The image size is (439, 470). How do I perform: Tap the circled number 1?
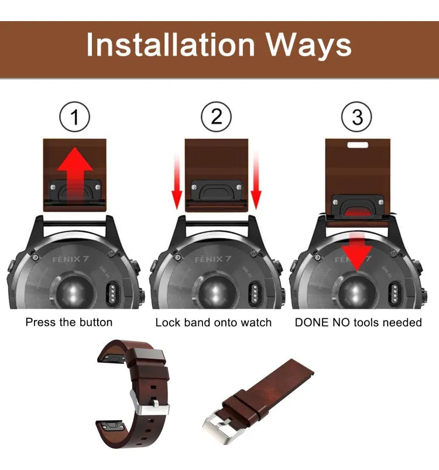74,118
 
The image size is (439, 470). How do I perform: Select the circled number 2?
217,118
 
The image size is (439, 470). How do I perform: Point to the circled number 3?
357,118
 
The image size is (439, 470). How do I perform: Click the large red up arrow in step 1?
74,173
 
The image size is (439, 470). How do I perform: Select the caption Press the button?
69,322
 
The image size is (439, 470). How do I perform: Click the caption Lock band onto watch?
213,322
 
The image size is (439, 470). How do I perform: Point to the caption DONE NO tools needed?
358,322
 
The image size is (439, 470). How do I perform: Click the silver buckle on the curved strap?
149,404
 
